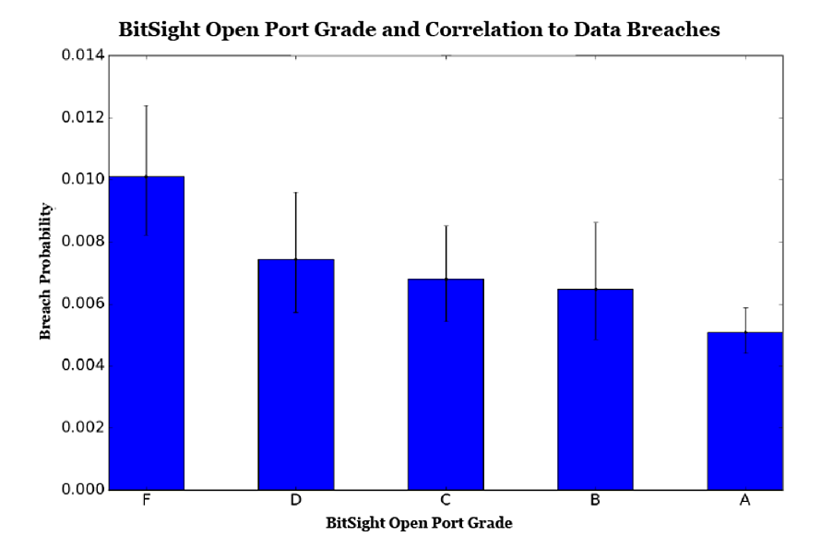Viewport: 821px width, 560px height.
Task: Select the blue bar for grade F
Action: (146, 332)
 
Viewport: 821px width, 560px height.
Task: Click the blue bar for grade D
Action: (296, 374)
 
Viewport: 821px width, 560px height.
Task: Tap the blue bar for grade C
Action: (446, 384)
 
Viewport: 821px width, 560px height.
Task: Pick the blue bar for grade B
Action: (596, 388)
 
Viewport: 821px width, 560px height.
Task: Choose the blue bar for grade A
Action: (745, 411)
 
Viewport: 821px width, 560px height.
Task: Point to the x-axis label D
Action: (295, 501)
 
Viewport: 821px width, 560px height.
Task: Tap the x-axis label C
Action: (446, 501)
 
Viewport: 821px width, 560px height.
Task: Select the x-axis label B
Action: (595, 501)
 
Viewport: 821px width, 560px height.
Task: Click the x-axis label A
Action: (745, 501)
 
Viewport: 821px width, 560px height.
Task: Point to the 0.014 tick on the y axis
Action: (83, 56)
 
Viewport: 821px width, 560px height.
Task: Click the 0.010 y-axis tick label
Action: (83, 180)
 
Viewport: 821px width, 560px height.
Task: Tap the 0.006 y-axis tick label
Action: (83, 304)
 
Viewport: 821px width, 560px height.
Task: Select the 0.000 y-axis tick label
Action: (83, 489)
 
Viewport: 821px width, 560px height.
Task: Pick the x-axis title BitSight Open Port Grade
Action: (419, 523)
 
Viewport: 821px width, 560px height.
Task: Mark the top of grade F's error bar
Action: (146, 106)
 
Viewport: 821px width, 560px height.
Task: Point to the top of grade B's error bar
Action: (596, 222)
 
